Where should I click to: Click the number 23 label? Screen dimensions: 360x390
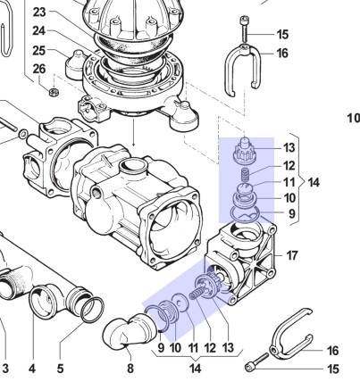click(39, 12)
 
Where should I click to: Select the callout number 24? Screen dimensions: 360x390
click(39, 30)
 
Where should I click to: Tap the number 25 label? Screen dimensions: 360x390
click(39, 51)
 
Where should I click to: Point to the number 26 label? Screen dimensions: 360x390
click(39, 69)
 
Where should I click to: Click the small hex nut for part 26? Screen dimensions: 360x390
click(54, 92)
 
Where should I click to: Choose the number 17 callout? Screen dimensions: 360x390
click(292, 255)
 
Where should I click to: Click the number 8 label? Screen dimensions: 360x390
click(130, 369)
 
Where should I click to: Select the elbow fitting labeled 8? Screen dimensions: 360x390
click(130, 331)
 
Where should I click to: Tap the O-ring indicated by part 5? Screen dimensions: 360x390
click(93, 310)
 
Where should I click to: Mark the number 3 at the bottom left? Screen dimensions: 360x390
click(5, 369)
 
